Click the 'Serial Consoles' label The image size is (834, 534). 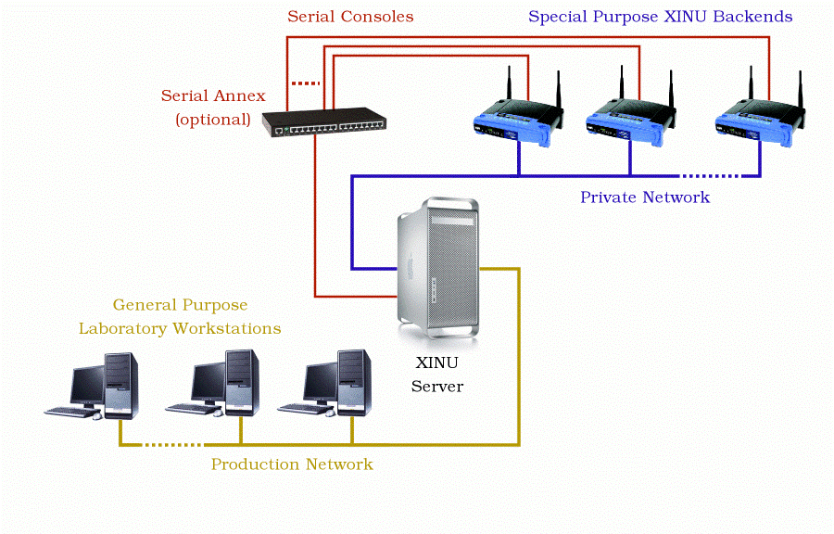(350, 17)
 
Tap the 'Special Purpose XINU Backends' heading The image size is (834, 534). (660, 17)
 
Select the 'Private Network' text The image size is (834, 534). (645, 197)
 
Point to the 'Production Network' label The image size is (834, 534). (292, 464)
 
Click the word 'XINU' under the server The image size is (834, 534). (437, 362)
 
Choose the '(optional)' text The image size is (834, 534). (213, 119)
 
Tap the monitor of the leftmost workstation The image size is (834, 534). (89, 383)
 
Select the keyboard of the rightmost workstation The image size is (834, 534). (306, 408)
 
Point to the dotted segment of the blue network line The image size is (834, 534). (710, 175)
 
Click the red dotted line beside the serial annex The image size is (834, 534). (304, 83)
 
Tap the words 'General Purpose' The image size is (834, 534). (181, 305)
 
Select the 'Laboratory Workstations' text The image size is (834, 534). (180, 328)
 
